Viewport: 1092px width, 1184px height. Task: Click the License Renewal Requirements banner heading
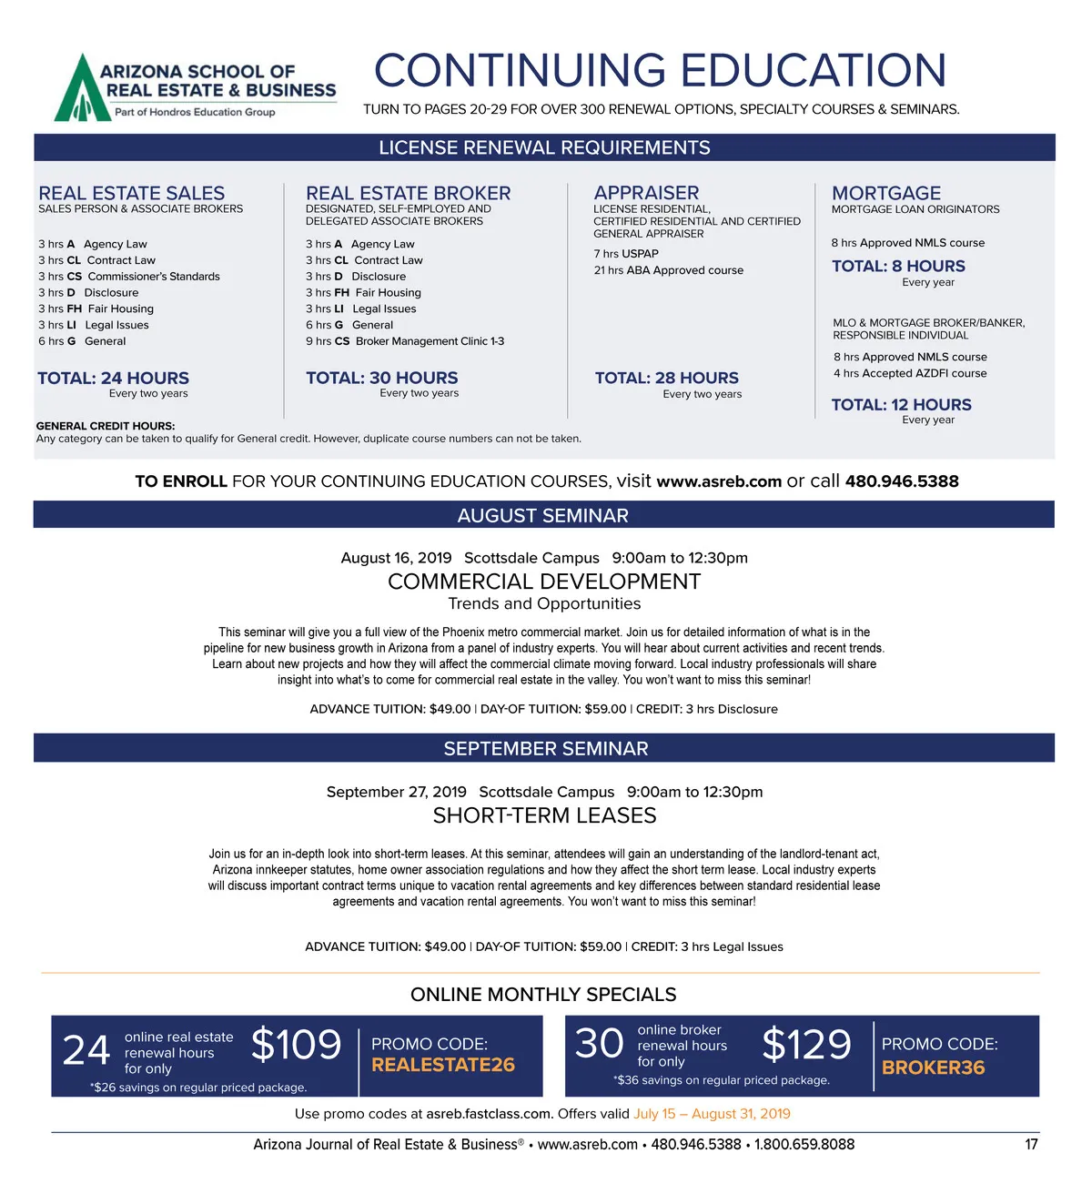[x=544, y=147]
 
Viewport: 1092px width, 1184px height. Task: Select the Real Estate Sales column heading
[x=131, y=193]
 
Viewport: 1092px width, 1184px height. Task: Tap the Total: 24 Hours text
[x=113, y=378]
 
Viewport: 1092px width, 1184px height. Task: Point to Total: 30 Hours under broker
[x=381, y=378]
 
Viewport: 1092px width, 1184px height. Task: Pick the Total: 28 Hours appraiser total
[x=666, y=378]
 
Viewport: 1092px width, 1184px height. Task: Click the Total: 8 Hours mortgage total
[x=898, y=266]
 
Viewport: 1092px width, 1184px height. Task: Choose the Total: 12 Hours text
[x=901, y=405]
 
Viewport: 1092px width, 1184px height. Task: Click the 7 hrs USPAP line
[x=626, y=254]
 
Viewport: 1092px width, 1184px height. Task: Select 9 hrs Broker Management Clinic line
[x=405, y=341]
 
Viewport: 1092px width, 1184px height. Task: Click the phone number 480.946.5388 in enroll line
[x=901, y=481]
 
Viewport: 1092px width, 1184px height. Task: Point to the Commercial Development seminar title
[x=544, y=582]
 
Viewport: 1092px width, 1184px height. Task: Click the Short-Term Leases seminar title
[x=544, y=815]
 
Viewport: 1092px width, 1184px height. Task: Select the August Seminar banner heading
[x=543, y=515]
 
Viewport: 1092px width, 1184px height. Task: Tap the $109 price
[x=296, y=1045]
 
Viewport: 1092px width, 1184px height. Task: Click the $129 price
[x=806, y=1045]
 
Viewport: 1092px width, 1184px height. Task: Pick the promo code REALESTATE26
[x=443, y=1065]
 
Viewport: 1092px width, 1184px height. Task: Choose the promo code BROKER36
[x=933, y=1068]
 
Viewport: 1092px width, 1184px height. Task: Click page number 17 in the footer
[x=1031, y=1144]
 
